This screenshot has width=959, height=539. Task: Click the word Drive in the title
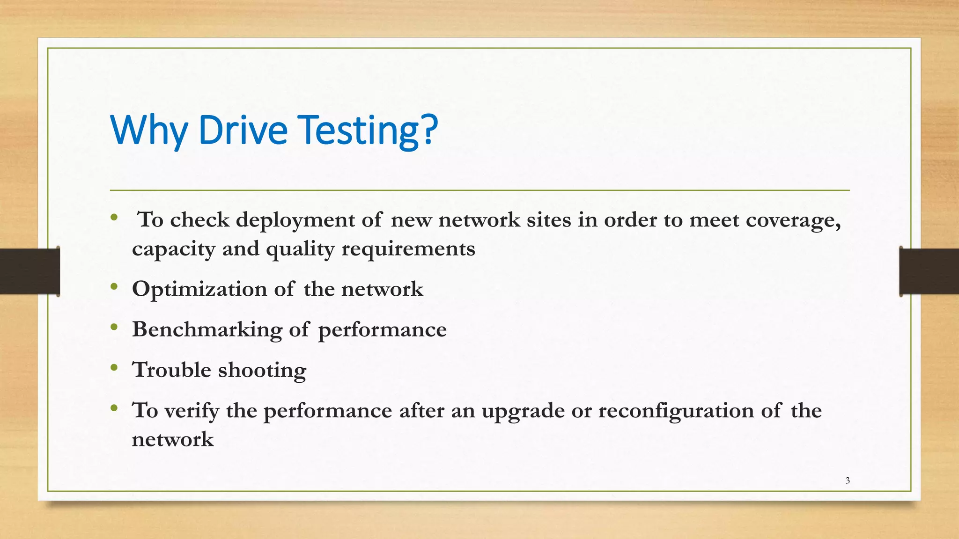coord(243,130)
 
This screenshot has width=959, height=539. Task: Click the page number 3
coord(848,481)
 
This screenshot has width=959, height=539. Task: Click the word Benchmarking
coord(207,330)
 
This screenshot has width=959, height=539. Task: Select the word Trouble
coord(171,370)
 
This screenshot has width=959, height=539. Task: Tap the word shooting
coord(262,371)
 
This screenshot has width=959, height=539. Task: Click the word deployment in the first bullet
coord(295,220)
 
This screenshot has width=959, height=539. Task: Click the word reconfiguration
coord(676,411)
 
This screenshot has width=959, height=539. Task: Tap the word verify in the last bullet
coord(192,411)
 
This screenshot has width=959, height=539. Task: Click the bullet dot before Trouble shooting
coord(114,368)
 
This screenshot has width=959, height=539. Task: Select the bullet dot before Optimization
coord(114,287)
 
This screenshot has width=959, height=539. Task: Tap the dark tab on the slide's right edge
coord(929,271)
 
